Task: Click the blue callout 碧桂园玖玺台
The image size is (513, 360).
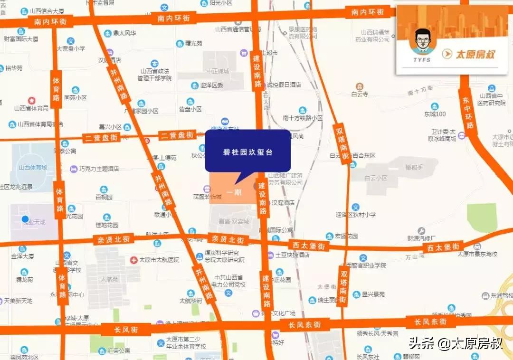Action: (x=247, y=152)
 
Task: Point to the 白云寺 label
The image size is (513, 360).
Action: (x=360, y=95)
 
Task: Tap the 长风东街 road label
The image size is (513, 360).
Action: (x=304, y=325)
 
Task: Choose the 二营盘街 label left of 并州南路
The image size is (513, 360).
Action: (x=101, y=138)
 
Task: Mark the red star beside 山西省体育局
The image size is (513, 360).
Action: (x=31, y=100)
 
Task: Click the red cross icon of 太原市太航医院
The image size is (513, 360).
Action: (x=134, y=260)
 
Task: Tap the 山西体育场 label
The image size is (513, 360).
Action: (x=33, y=167)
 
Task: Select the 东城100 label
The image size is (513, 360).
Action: (x=435, y=114)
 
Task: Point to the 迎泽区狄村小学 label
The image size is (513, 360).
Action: (x=355, y=215)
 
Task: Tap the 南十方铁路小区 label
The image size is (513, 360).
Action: (x=303, y=118)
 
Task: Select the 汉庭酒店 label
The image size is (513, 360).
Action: (x=283, y=203)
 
